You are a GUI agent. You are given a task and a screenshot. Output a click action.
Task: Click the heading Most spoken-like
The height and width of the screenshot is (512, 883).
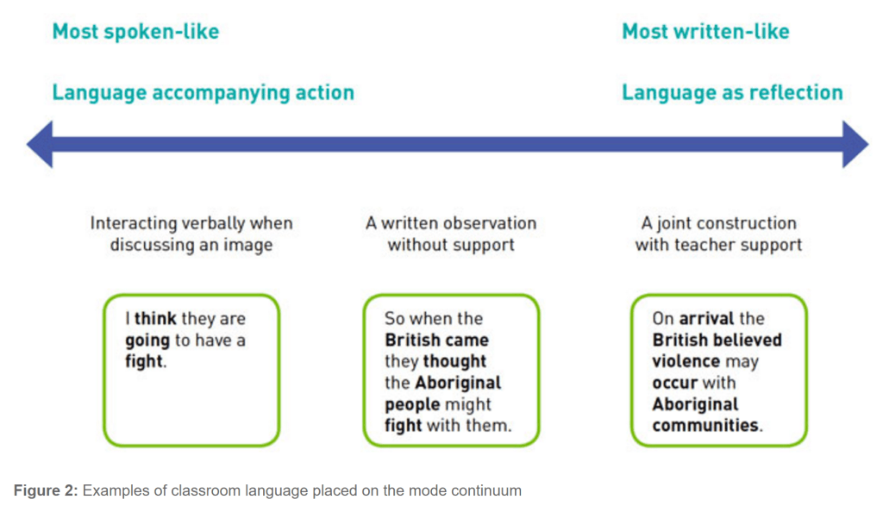[x=135, y=32]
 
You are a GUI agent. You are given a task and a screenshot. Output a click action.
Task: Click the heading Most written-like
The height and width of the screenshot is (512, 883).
[x=705, y=32]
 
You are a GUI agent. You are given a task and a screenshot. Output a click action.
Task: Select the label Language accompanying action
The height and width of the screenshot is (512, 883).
[x=203, y=92]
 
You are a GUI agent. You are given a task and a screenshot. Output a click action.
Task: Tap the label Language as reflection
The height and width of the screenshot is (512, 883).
[x=732, y=92]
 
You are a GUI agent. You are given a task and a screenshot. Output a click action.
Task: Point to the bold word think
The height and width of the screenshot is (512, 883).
[x=155, y=319]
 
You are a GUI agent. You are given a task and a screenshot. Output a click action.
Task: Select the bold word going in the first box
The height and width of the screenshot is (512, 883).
[x=147, y=340]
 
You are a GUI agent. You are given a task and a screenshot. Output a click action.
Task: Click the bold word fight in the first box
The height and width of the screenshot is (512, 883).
[x=143, y=362]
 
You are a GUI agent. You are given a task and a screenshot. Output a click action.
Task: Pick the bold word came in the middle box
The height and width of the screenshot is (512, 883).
[x=466, y=340]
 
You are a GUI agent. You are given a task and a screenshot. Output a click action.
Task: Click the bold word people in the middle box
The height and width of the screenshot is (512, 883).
[x=412, y=404]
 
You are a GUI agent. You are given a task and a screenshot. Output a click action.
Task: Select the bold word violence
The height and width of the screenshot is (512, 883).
[x=686, y=362]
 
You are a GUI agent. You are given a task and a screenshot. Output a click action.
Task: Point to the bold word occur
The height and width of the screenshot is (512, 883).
[x=675, y=383]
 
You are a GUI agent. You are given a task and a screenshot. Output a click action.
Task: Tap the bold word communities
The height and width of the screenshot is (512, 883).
[x=706, y=426]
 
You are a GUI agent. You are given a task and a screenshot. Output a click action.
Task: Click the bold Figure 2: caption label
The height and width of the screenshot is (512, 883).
[x=46, y=491]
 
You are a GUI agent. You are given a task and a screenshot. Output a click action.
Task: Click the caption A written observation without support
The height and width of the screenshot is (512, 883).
[x=450, y=234]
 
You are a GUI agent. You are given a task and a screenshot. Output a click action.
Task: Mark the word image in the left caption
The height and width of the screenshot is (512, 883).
[x=247, y=245]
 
